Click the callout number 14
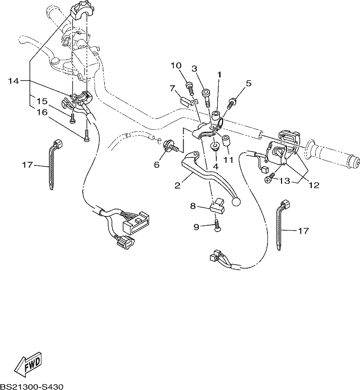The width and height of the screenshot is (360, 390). coord(14,81)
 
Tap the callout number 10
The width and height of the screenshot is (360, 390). coord(176,66)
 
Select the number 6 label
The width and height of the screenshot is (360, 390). coord(157,164)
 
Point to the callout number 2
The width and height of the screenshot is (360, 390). coord(177,185)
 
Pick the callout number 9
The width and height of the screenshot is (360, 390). coord(196,227)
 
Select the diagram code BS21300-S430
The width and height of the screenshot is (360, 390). coord(32,387)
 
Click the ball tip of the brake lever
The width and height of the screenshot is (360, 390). coord(236,202)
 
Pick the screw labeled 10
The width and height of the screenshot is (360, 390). coord(190,89)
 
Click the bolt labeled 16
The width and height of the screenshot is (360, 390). coord(87,136)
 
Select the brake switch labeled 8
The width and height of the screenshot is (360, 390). coord(218,206)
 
